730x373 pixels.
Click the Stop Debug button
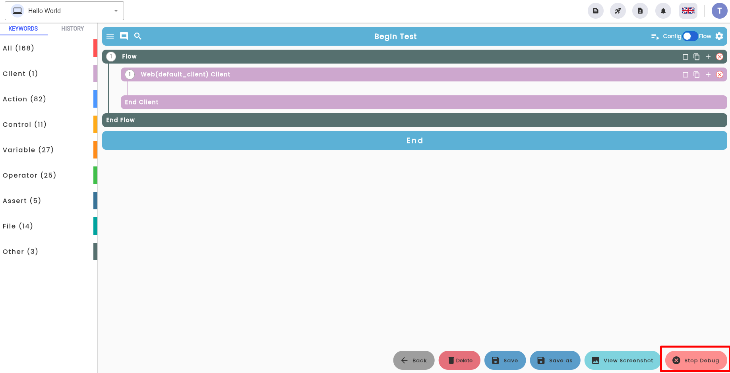tap(696, 360)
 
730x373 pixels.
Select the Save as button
tap(555, 360)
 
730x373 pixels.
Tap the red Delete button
tap(459, 360)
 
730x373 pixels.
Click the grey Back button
tap(414, 360)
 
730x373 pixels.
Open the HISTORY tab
tap(72, 29)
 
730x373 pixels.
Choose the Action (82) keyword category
tap(24, 99)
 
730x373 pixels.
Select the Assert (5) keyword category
tap(22, 201)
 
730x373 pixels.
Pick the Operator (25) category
tap(29, 175)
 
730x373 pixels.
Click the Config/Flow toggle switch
tap(690, 36)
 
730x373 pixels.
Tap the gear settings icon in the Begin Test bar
tap(719, 36)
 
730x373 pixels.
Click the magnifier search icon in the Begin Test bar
tap(138, 36)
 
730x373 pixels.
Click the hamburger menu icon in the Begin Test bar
tap(110, 36)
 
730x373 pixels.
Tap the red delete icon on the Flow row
tap(720, 57)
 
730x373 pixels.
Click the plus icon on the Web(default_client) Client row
tap(708, 75)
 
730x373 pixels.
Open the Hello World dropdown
tap(64, 11)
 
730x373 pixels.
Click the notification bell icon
tap(663, 11)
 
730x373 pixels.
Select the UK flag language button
tap(688, 11)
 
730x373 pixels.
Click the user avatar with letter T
tap(719, 11)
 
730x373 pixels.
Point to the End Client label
tap(141, 102)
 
